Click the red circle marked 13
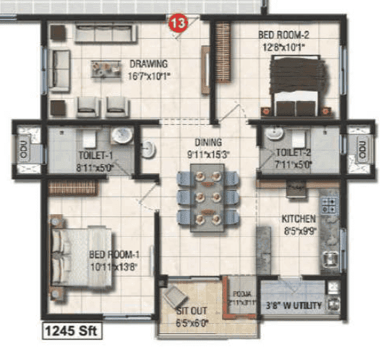[176, 22]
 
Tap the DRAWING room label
[148, 63]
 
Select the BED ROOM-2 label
[282, 34]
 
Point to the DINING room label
[207, 142]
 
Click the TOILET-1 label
[95, 155]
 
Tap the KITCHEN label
[297, 218]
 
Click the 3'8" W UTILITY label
[294, 307]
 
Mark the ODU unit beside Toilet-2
[359, 150]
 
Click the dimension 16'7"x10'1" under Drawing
[149, 74]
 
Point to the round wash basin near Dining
[149, 148]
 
